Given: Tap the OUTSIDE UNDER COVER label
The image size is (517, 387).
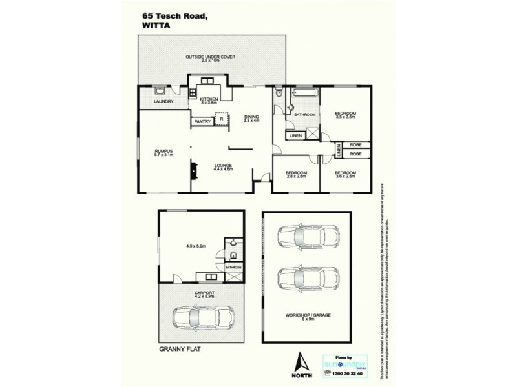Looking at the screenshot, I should (210, 57).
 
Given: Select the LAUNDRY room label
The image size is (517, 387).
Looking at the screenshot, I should (162, 101).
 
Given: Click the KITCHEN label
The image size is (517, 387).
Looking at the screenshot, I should (209, 99).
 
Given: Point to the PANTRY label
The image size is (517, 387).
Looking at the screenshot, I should (202, 121).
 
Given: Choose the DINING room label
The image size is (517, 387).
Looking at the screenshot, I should (251, 116).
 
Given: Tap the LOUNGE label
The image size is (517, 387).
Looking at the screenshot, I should (223, 165).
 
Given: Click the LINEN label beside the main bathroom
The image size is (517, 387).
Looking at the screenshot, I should (295, 136).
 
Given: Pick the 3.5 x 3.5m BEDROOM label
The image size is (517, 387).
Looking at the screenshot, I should (346, 114).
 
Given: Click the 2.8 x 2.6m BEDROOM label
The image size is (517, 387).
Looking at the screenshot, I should (296, 173).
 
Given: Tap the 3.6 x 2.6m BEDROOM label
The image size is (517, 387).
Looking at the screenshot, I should (346, 173).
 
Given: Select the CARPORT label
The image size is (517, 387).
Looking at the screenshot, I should (204, 292).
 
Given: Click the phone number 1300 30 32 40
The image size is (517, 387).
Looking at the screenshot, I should (347, 373).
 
